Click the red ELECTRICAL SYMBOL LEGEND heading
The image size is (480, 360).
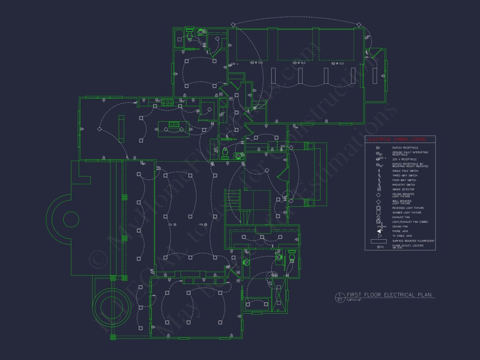397,139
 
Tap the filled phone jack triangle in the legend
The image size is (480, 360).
379,232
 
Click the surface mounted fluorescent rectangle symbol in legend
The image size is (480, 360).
378,241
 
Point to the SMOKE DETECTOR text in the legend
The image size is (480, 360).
403,190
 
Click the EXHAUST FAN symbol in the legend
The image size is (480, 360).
378,217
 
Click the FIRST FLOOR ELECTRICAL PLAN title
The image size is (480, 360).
389,295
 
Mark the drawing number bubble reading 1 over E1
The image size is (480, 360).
340,297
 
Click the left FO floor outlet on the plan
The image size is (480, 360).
174,225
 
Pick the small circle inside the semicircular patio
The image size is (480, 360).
71,219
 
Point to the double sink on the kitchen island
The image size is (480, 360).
174,125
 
